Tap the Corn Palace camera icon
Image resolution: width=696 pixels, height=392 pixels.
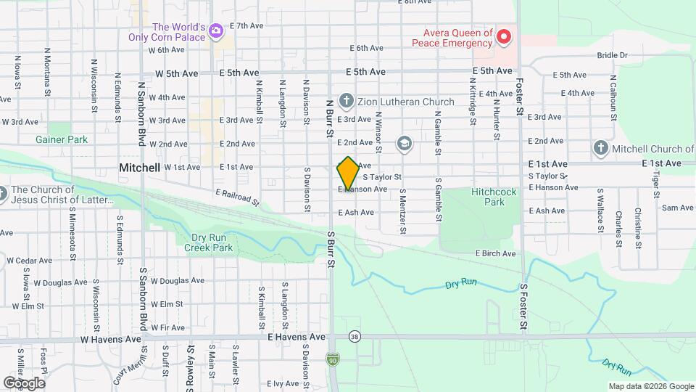pyautogui.click(x=215, y=30)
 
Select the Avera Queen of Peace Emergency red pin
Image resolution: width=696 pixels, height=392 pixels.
pyautogui.click(x=504, y=36)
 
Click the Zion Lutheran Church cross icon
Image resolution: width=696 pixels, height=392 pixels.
pyautogui.click(x=347, y=101)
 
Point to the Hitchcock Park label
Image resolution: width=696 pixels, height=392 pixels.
pyautogui.click(x=493, y=197)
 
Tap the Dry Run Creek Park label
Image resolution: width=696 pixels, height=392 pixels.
pyautogui.click(x=208, y=242)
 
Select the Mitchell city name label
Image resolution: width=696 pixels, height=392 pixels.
pyautogui.click(x=139, y=168)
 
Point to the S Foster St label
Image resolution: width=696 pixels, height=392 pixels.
pyautogui.click(x=521, y=305)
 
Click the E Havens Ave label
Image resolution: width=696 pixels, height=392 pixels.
pyautogui.click(x=297, y=338)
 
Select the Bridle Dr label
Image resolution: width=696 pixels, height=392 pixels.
pyautogui.click(x=612, y=55)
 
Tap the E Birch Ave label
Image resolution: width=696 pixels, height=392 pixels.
pyautogui.click(x=495, y=253)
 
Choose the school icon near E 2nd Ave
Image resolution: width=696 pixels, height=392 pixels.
pyautogui.click(x=404, y=144)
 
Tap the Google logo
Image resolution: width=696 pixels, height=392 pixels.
pyautogui.click(x=24, y=383)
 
